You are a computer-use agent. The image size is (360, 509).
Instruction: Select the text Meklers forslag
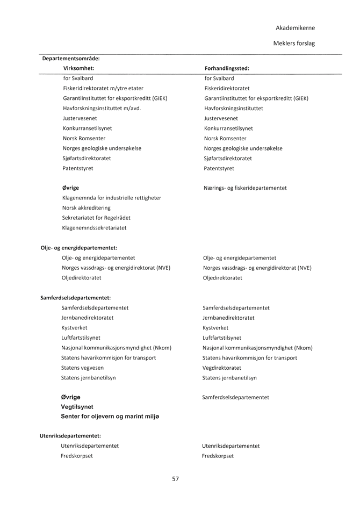pyautogui.click(x=294, y=44)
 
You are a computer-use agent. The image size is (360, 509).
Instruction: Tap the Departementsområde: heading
pyautogui.click(x=71, y=59)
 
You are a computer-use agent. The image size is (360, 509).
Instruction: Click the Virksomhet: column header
pyautogui.click(x=79, y=68)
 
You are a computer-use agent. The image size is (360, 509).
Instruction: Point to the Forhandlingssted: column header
pyautogui.click(x=227, y=68)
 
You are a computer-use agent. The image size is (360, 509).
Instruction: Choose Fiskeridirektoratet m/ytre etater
pyautogui.click(x=103, y=88)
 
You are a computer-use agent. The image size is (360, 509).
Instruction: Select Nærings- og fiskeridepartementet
pyautogui.click(x=245, y=188)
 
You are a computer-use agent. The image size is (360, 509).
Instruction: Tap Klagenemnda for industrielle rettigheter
pyautogui.click(x=111, y=198)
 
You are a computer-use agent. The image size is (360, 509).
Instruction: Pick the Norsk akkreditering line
pyautogui.click(x=86, y=207)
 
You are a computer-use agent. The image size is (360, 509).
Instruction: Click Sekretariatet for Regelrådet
pyautogui.click(x=96, y=218)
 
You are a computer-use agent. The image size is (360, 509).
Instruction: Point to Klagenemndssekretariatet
pyautogui.click(x=94, y=228)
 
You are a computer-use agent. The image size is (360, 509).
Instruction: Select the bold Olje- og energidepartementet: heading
pyautogui.click(x=79, y=248)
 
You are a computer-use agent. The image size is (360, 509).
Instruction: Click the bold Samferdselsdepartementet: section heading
pyautogui.click(x=76, y=298)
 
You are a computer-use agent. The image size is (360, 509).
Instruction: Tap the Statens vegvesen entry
pyautogui.click(x=82, y=368)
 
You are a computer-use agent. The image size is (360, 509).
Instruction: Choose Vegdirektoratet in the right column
pyautogui.click(x=222, y=368)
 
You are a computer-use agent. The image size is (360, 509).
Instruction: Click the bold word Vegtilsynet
pyautogui.click(x=77, y=407)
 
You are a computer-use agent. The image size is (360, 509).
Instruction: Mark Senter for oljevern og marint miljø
pyautogui.click(x=110, y=417)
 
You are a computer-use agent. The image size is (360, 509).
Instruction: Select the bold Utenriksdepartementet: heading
pyautogui.click(x=70, y=436)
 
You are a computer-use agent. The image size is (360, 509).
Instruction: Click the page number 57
pyautogui.click(x=176, y=479)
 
